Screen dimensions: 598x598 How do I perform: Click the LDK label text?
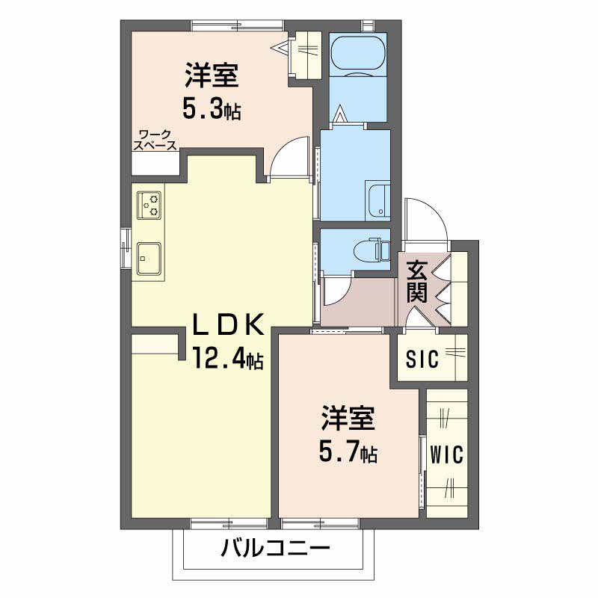click(x=228, y=325)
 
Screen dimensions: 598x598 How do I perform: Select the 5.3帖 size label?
click(x=212, y=110)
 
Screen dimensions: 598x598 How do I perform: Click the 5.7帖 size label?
click(x=348, y=451)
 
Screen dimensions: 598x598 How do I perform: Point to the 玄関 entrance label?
click(x=417, y=281)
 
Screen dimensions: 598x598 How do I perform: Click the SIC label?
click(x=420, y=358)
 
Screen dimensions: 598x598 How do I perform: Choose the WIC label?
click(x=447, y=454)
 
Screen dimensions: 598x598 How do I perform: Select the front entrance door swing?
click(x=423, y=221)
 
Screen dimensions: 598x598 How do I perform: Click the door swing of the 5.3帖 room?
click(x=290, y=157)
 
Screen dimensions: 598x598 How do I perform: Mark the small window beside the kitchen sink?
click(x=126, y=246)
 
